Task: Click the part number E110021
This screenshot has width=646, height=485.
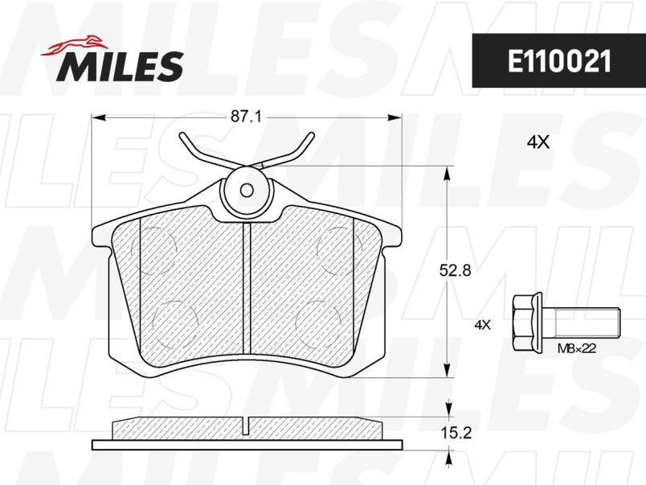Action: [x=559, y=62]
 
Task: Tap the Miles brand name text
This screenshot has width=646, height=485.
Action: [x=120, y=67]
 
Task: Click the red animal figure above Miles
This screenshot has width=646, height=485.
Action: [x=74, y=45]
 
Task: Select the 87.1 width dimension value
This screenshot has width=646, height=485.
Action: [x=246, y=117]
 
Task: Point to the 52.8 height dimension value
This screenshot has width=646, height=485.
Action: [x=456, y=271]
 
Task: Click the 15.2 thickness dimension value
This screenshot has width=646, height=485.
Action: [x=456, y=434]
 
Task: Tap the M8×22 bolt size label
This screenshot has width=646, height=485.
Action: [x=577, y=348]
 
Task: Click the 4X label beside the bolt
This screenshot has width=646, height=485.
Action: [x=482, y=325]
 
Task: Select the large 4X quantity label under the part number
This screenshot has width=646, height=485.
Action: [x=538, y=142]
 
